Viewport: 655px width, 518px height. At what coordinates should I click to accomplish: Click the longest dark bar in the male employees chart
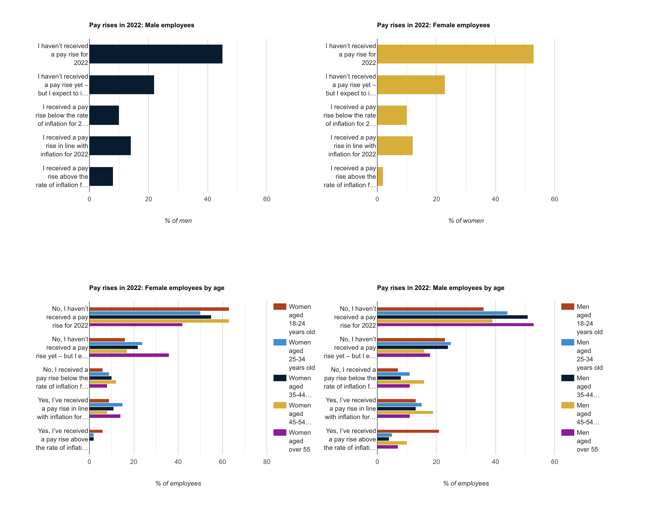click(x=156, y=54)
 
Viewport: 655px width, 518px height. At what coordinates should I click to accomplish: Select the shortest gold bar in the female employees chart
click(x=380, y=176)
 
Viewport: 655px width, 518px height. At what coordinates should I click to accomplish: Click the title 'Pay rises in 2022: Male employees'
click(x=141, y=25)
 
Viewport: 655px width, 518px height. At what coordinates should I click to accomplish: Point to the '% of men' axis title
click(x=178, y=221)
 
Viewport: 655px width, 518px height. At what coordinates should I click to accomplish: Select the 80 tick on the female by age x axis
click(x=266, y=462)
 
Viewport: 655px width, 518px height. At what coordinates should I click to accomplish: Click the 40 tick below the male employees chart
click(x=207, y=199)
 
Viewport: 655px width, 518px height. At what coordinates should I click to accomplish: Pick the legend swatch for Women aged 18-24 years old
click(x=279, y=307)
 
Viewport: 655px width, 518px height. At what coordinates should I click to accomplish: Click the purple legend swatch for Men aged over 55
click(x=567, y=432)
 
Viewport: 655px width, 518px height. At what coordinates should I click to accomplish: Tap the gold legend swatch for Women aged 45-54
click(x=279, y=405)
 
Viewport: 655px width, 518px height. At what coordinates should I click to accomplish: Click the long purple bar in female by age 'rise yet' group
click(x=129, y=355)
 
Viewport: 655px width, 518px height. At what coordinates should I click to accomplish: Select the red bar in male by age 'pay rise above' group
click(x=408, y=431)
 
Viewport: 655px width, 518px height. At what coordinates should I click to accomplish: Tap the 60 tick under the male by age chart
click(x=554, y=462)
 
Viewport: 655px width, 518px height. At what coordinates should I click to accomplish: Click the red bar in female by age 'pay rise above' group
click(x=96, y=431)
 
